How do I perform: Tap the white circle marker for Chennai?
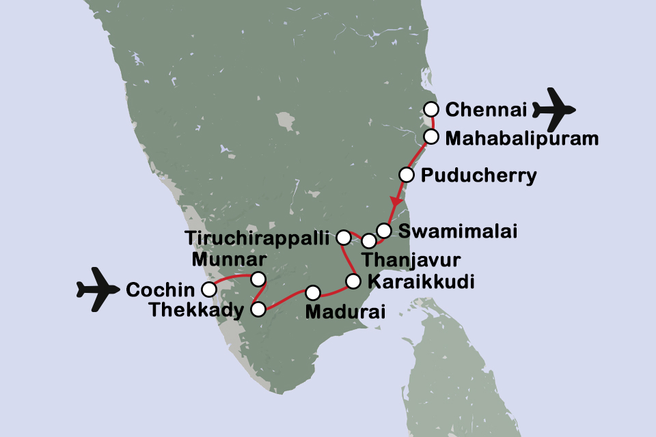[x=430, y=109]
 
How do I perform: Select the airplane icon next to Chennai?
[x=554, y=109]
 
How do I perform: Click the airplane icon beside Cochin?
[x=98, y=290]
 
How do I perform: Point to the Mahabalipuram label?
[x=521, y=139]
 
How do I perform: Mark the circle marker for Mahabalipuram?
[x=430, y=137]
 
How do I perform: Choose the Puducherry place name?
[x=478, y=175]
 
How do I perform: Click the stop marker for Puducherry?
[x=406, y=175]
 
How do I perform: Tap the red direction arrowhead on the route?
[x=395, y=203]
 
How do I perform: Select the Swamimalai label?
[x=457, y=231]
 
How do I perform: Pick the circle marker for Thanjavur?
[x=368, y=240]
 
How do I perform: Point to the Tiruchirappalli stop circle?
[x=344, y=237]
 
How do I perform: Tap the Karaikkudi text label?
[x=420, y=281]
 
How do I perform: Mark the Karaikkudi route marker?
[x=353, y=281]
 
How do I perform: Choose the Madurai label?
[x=346, y=313]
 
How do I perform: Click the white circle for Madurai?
[x=312, y=293]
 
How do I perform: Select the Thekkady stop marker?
[x=258, y=309]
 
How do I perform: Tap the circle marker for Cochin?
[x=209, y=290]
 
